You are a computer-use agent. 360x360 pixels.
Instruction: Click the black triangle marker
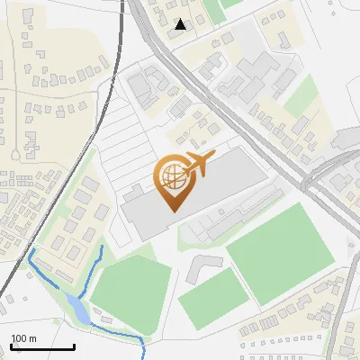click(181, 24)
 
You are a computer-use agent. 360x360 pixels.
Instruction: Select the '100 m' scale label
click(23, 338)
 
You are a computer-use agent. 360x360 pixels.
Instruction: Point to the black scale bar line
click(42, 347)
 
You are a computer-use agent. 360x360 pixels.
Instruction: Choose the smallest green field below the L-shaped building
click(212, 298)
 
